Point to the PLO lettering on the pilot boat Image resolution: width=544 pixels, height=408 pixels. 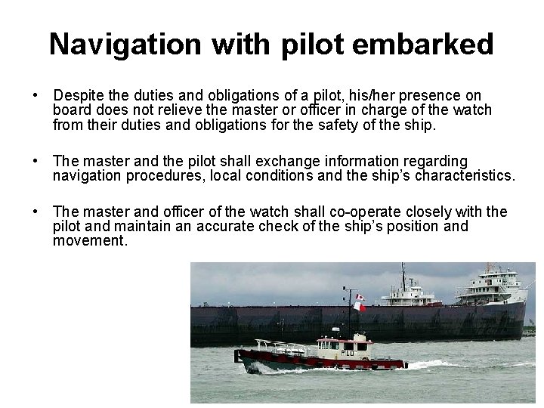pyautogui.click(x=348, y=352)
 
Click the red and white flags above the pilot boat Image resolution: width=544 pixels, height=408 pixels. pyautogui.click(x=360, y=303)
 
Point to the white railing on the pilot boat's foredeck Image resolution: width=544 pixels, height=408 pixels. pyautogui.click(x=280, y=347)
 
